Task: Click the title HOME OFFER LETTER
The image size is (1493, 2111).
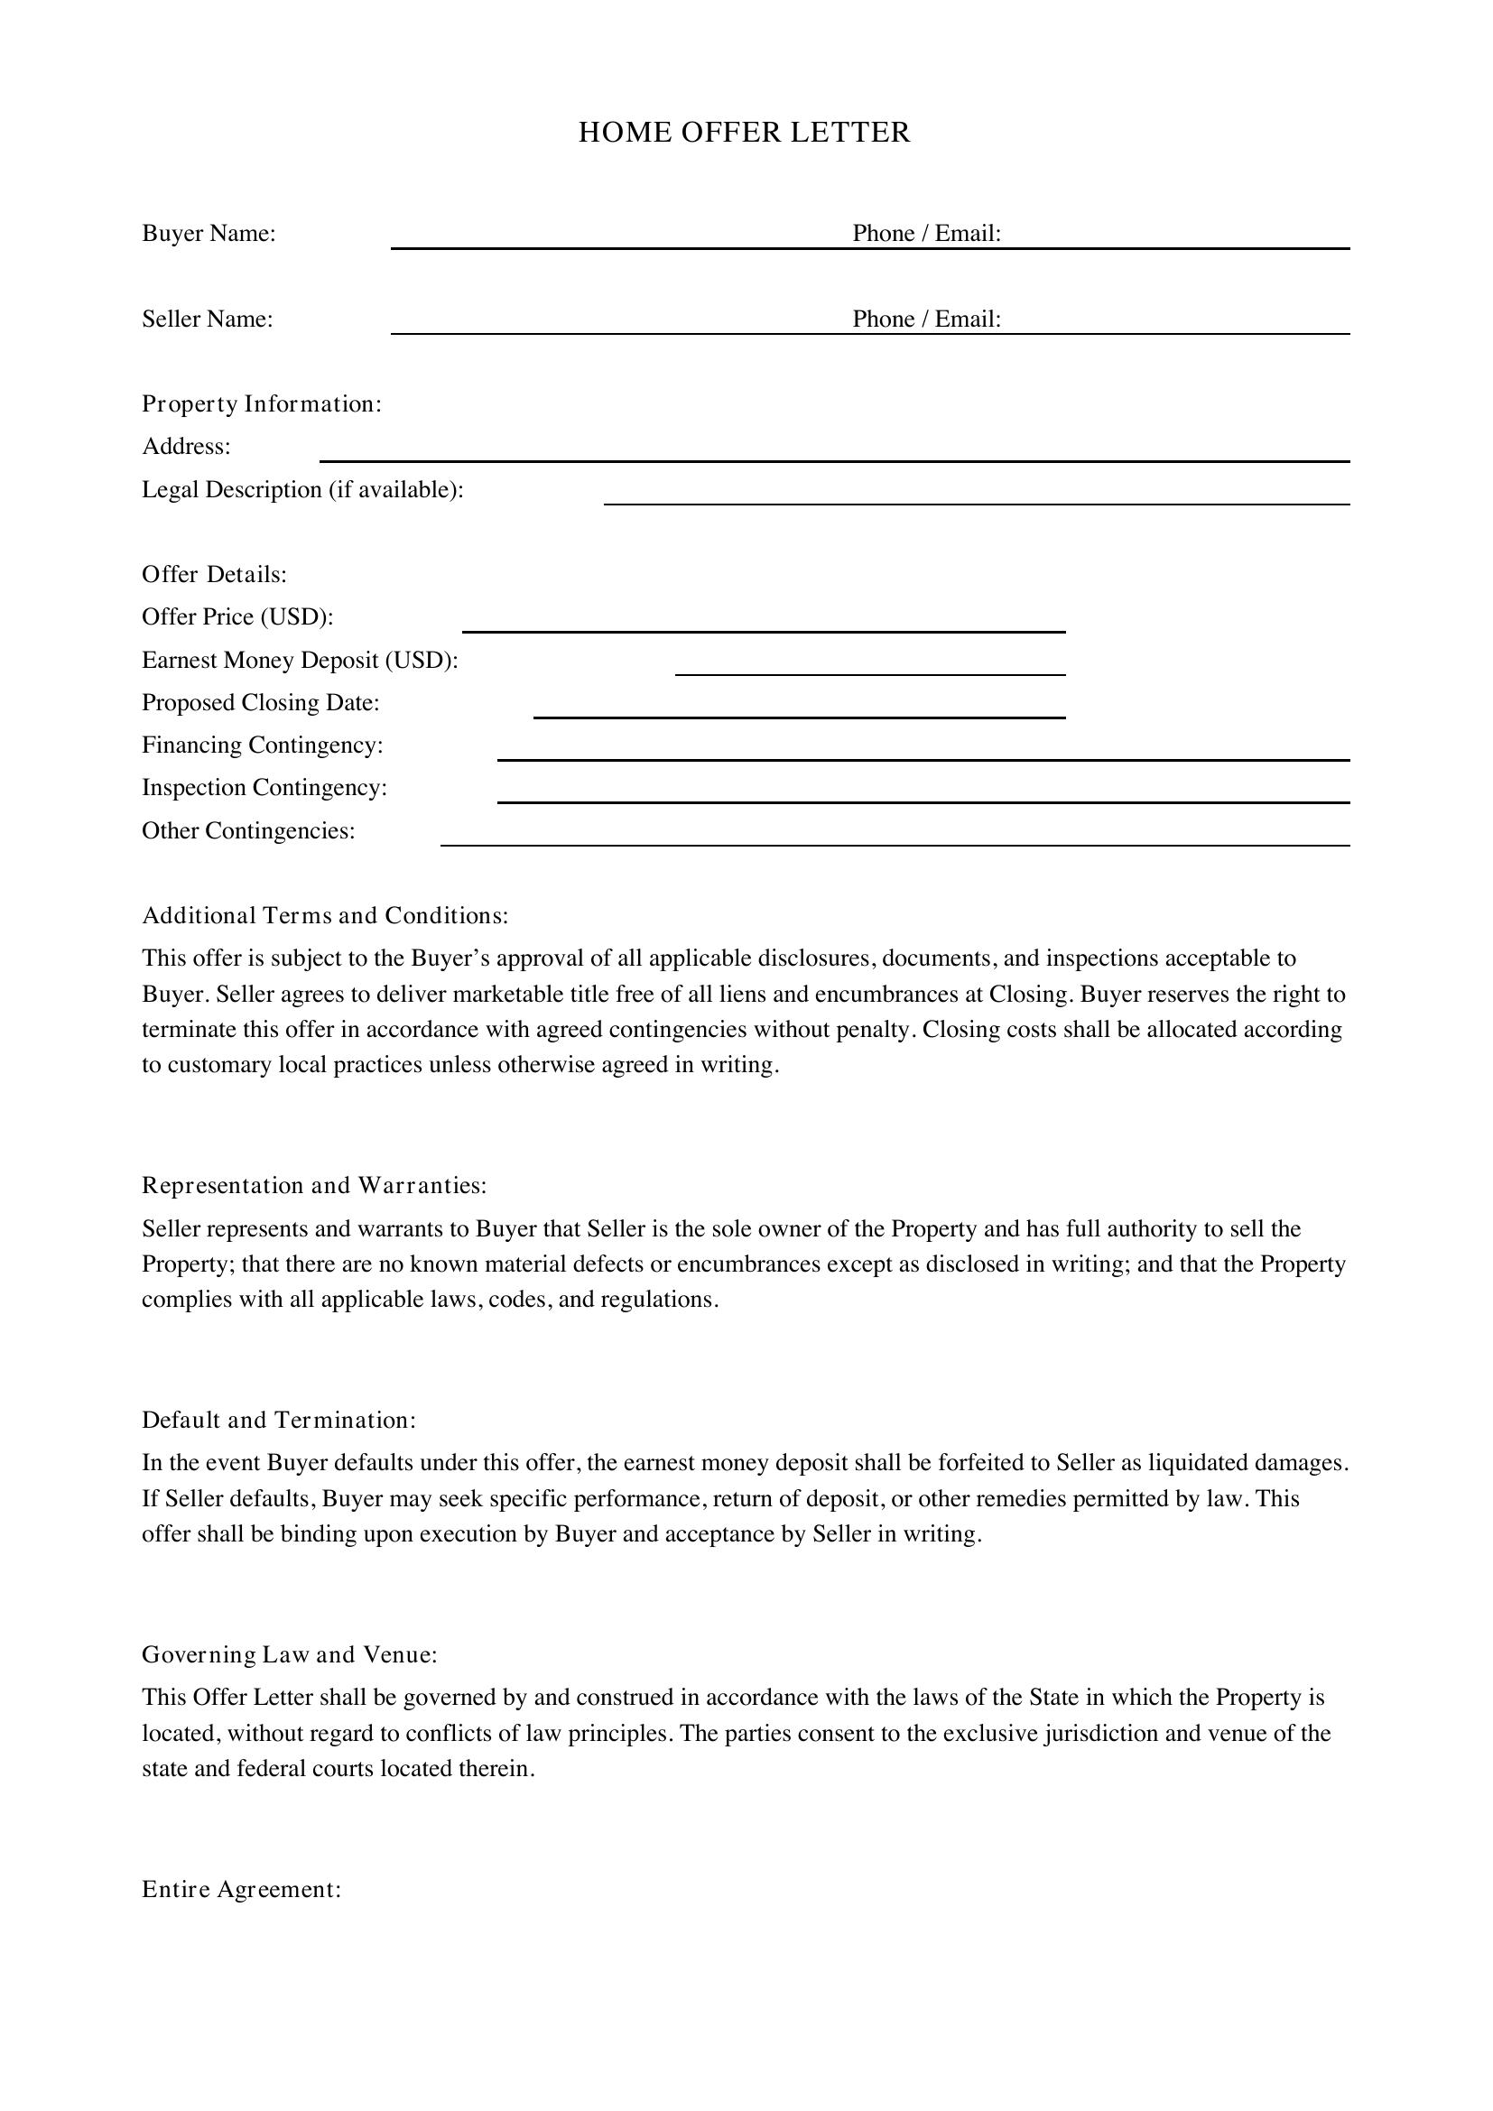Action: point(744,133)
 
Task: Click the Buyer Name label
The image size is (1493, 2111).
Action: point(209,234)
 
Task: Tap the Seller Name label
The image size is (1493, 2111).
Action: point(208,319)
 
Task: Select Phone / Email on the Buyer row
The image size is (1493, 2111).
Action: point(926,234)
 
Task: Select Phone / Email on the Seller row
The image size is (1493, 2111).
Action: point(926,319)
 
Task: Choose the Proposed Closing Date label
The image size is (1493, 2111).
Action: point(260,702)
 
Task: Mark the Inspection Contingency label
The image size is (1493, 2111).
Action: point(264,788)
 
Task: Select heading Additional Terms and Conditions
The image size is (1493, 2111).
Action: point(325,916)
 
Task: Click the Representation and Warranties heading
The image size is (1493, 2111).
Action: point(313,1185)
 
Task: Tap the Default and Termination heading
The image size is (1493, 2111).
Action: point(279,1420)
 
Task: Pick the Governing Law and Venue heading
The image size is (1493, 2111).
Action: point(289,1654)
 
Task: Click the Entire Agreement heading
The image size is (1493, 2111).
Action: point(241,1888)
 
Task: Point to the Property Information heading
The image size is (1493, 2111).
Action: point(261,403)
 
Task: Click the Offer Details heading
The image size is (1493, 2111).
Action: point(214,575)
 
